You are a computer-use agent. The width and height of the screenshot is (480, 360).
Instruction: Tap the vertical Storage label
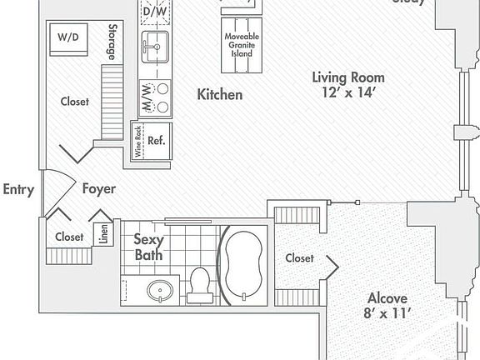click(112, 42)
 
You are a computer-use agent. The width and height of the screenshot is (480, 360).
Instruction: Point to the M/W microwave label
click(147, 97)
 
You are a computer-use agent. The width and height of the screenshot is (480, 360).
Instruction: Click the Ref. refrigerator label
click(156, 140)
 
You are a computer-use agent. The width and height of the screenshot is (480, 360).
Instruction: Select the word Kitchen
click(219, 95)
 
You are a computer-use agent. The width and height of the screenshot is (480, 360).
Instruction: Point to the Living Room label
click(348, 77)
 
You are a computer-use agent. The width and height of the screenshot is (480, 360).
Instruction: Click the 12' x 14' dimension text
click(349, 93)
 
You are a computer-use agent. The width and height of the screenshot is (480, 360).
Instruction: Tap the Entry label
click(18, 189)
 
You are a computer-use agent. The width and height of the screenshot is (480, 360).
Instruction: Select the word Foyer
click(98, 189)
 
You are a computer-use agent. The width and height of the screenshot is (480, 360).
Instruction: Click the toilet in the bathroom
click(199, 285)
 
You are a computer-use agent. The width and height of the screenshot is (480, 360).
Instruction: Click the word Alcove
click(387, 297)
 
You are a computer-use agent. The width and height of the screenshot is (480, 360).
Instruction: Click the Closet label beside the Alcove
click(299, 258)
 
